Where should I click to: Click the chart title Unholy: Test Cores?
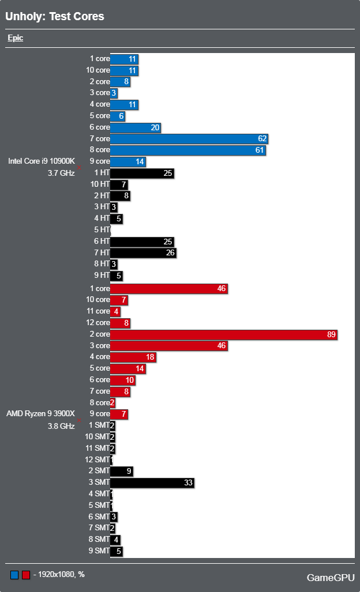click(x=55, y=17)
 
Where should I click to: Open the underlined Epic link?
click(x=16, y=39)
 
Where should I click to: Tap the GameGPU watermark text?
click(x=330, y=578)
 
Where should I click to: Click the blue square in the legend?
click(x=14, y=575)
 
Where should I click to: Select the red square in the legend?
click(x=25, y=575)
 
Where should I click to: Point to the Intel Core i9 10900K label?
click(x=42, y=161)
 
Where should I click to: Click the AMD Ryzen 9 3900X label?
click(x=41, y=414)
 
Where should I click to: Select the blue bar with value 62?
click(x=189, y=139)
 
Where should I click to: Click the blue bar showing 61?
click(x=187, y=150)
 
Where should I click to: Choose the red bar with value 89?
click(x=223, y=334)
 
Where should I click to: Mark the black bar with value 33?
click(x=152, y=482)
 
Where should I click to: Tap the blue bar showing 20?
click(x=135, y=127)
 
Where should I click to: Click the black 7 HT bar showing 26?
click(x=143, y=252)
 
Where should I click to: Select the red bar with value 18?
click(x=133, y=357)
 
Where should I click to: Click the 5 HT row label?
click(x=102, y=230)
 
